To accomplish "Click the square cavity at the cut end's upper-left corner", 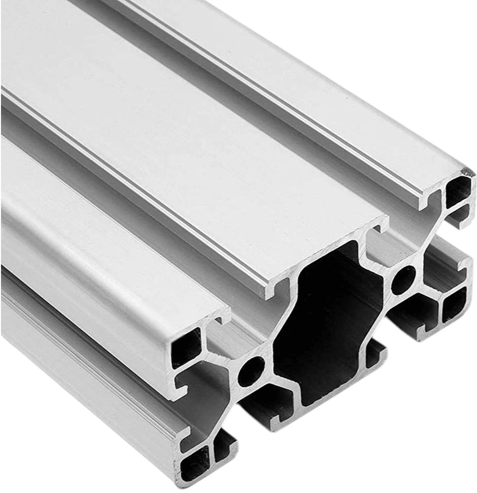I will click(186, 348).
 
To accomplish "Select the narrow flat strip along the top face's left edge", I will click(99, 246).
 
